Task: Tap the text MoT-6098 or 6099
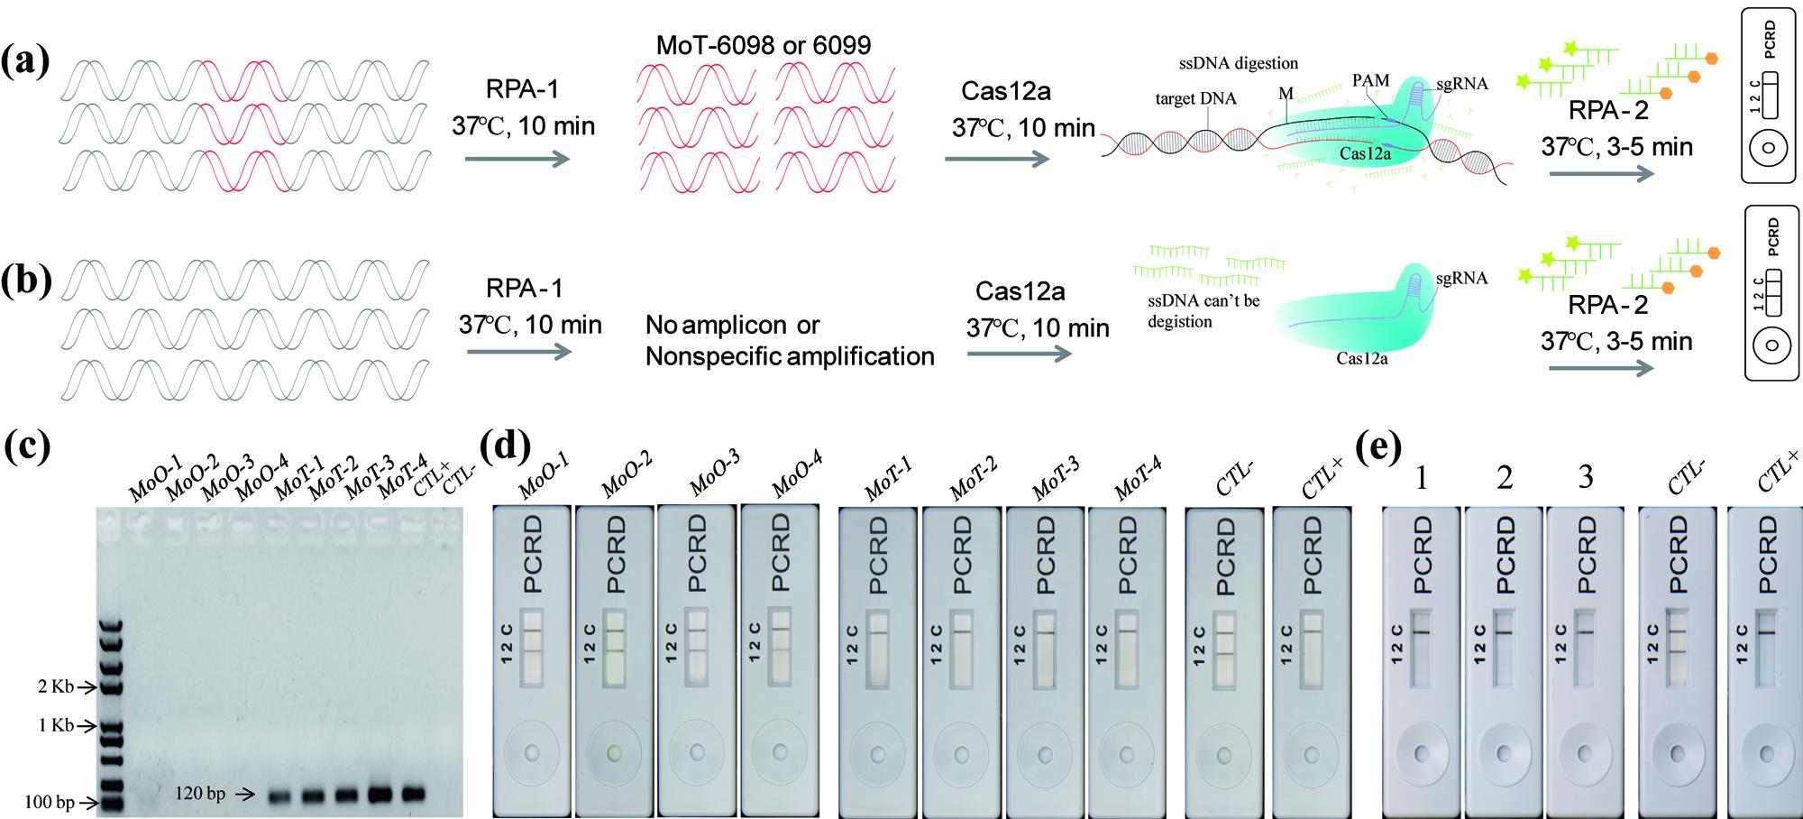(763, 46)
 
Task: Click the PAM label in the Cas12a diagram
(1370, 80)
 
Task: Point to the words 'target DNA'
(1196, 98)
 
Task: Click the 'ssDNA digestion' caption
(1239, 63)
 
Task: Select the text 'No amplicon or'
(733, 325)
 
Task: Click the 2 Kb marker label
(55, 686)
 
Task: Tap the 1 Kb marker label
(55, 725)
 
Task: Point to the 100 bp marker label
(49, 802)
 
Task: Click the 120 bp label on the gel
(201, 794)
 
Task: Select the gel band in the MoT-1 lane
(279, 796)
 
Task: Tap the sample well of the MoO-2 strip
(614, 752)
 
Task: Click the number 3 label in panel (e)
(1586, 476)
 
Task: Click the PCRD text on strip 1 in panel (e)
(1422, 554)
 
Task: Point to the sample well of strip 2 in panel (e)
(1504, 753)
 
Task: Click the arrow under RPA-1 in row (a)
(517, 160)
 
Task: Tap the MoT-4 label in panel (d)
(1138, 478)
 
